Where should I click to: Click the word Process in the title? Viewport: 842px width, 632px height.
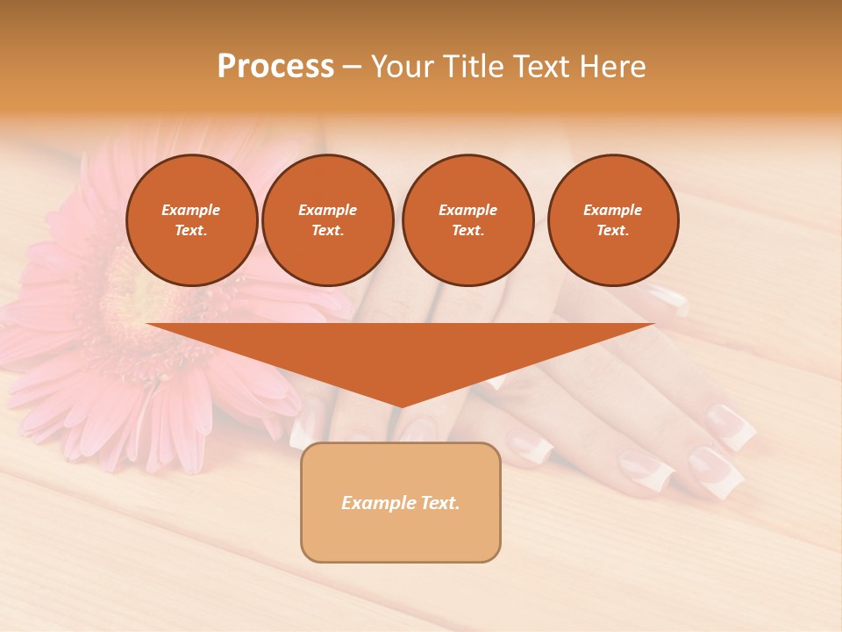click(x=275, y=67)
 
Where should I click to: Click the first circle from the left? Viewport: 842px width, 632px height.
click(x=192, y=220)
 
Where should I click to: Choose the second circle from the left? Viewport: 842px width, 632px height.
click(x=328, y=220)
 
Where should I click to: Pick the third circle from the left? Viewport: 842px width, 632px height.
click(x=467, y=220)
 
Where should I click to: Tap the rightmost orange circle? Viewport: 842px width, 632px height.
click(x=613, y=220)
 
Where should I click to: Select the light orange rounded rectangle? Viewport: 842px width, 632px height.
click(x=401, y=502)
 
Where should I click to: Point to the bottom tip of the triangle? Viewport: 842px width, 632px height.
click(x=400, y=406)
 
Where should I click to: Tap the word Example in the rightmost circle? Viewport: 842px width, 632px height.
click(x=612, y=210)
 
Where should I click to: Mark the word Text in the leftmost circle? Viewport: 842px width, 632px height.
click(x=190, y=231)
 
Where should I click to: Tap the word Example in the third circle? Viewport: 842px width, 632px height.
click(x=467, y=210)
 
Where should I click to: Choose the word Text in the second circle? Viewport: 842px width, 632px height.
click(x=326, y=231)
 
